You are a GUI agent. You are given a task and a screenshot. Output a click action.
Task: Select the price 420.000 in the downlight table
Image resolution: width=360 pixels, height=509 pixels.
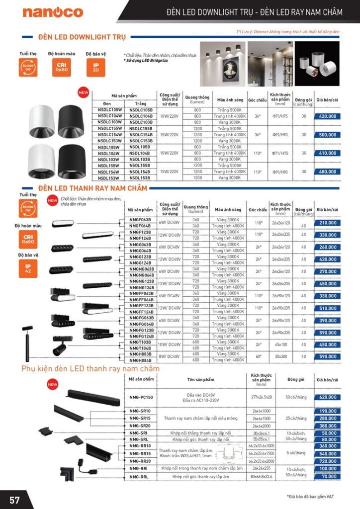[x=328, y=116]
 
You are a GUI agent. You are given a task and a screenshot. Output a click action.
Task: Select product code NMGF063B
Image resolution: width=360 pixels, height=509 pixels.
[x=140, y=219]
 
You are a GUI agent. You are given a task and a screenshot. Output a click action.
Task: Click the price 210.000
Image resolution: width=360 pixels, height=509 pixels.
[x=328, y=223]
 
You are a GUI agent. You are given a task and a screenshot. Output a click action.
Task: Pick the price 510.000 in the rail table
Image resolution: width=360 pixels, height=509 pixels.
[x=328, y=308]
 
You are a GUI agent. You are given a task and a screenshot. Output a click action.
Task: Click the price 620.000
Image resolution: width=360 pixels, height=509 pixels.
[x=328, y=398]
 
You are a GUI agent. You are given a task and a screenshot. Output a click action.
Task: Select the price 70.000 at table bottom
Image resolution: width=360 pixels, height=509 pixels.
[x=328, y=476]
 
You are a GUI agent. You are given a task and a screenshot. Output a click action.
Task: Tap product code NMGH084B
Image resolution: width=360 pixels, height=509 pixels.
[x=140, y=360]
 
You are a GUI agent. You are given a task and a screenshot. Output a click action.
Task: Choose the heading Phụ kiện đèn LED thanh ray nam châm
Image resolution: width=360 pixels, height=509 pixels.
[x=90, y=369]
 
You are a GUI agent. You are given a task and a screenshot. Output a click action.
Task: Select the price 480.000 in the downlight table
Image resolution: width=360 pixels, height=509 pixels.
[x=328, y=171]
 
